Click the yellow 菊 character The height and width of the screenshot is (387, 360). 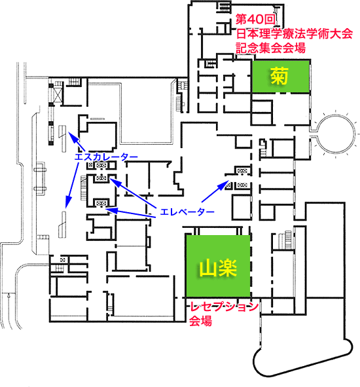279,76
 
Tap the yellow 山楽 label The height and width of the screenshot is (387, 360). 218,268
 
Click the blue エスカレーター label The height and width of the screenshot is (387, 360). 106,157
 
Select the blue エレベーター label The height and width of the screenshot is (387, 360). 187,212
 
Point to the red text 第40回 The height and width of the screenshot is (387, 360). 255,19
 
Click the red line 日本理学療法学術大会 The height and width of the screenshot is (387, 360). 295,34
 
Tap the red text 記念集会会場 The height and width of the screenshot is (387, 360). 271,48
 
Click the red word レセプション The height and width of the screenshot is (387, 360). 224,307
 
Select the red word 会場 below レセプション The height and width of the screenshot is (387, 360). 200,321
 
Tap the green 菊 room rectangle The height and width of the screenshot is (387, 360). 281,76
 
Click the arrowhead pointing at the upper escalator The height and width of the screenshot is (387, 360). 71,136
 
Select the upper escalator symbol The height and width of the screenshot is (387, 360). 63,138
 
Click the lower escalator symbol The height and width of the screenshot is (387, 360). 63,225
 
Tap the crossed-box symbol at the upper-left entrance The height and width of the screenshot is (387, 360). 58,94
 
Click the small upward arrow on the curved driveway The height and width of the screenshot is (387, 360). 9,295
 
